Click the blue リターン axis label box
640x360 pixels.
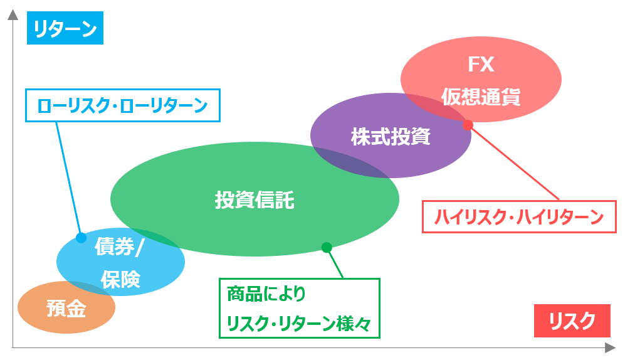click(65, 28)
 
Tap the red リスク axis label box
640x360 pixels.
click(572, 320)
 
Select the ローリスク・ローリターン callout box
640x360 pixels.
click(123, 105)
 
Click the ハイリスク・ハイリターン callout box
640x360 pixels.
click(519, 217)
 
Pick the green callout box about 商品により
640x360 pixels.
click(300, 308)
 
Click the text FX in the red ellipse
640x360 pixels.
click(481, 65)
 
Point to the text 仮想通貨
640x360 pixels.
click(481, 97)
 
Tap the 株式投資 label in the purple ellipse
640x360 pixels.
click(391, 137)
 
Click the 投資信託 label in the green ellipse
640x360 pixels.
click(254, 200)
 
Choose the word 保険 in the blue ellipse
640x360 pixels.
click(120, 280)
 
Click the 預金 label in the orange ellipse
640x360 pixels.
click(66, 309)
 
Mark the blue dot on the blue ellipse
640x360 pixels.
click(81, 238)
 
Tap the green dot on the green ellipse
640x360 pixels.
click(327, 247)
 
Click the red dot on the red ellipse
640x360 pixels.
click(468, 125)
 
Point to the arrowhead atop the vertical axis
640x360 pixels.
click(13, 14)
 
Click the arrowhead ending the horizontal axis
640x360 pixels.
click(610, 347)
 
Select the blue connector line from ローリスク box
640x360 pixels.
click(68, 179)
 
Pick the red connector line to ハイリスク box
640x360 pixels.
click(513, 162)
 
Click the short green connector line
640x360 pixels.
click(335, 263)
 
